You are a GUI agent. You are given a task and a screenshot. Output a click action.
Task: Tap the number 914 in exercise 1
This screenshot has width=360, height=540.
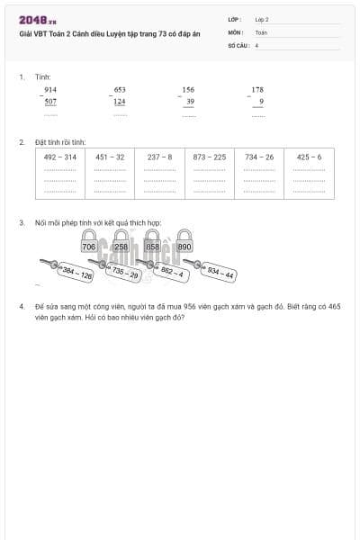[50, 90]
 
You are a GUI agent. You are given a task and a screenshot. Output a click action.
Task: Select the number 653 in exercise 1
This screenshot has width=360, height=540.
[120, 90]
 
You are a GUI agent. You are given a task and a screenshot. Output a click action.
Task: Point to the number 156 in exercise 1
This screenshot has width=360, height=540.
[188, 90]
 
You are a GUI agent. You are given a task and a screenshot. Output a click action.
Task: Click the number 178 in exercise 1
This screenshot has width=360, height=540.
[257, 90]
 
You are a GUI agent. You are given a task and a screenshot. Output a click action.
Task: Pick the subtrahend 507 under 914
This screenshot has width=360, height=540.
[50, 102]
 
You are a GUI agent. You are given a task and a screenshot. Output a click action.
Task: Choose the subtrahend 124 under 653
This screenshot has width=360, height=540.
[120, 102]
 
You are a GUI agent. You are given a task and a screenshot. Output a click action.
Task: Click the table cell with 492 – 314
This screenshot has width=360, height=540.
[60, 173]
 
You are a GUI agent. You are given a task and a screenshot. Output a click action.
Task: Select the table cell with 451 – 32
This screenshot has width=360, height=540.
[110, 173]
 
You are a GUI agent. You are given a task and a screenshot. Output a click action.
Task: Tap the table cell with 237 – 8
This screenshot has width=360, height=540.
[160, 173]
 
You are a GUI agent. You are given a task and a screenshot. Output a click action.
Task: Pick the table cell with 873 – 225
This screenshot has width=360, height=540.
[210, 173]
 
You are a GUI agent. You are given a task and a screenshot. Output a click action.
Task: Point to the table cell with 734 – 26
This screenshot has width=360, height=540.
[259, 173]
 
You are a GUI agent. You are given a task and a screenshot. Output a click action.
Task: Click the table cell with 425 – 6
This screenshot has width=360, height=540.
[309, 173]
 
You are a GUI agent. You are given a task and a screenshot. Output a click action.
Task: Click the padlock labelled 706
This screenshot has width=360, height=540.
[89, 245]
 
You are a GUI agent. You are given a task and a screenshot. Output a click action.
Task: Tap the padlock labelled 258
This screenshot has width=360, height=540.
[121, 245]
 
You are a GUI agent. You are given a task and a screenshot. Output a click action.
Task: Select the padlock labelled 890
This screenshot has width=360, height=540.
[184, 245]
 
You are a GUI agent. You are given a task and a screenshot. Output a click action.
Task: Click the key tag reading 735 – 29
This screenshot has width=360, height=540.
[125, 273]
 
